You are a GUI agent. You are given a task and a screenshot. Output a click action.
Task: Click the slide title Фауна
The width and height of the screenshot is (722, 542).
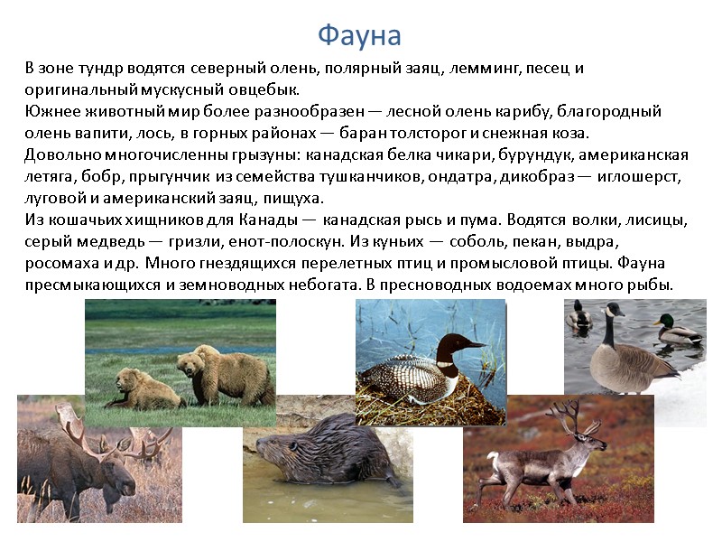(x=359, y=35)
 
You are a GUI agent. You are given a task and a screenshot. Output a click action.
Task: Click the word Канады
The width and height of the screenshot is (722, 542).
(x=266, y=220)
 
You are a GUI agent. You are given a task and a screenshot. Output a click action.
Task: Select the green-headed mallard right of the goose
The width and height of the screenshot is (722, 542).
(x=675, y=329)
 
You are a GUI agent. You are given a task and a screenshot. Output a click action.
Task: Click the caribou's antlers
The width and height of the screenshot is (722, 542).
(x=569, y=416)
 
